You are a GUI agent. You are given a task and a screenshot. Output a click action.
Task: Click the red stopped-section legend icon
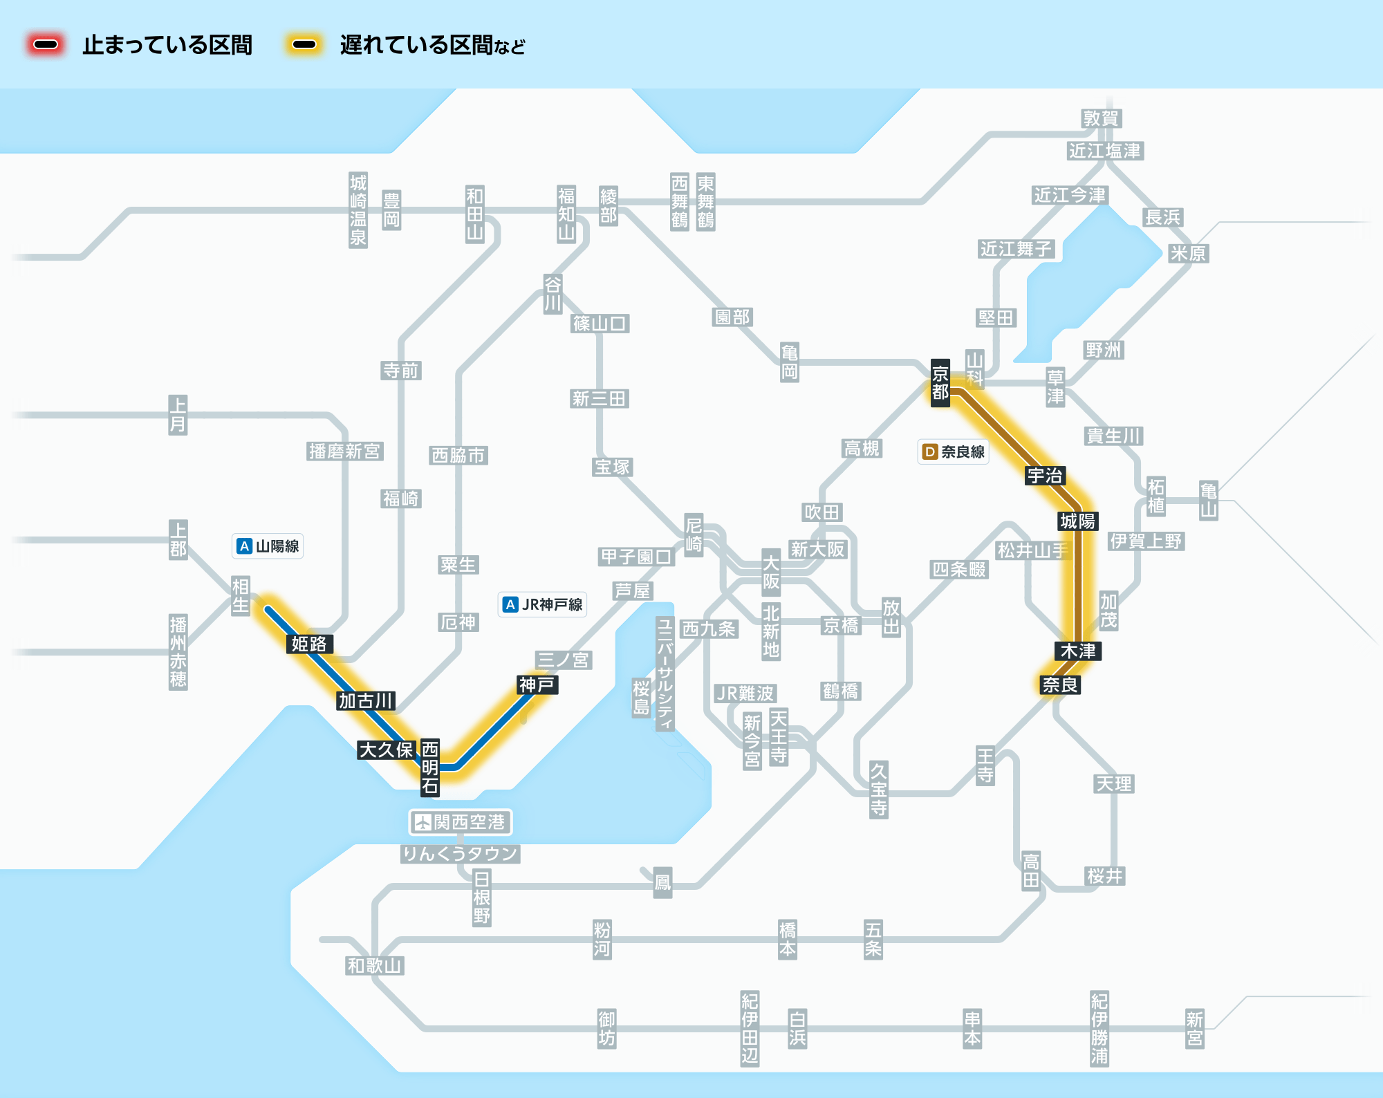point(46,45)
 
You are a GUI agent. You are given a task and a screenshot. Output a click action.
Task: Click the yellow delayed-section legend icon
point(304,45)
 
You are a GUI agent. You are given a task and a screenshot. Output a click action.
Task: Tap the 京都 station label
point(940,383)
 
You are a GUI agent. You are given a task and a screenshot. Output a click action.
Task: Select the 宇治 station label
point(1044,476)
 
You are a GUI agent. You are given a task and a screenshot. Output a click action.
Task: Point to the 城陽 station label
point(1077,521)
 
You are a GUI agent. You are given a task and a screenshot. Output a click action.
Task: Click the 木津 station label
point(1077,651)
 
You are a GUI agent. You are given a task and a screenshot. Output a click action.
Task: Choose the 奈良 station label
point(1059,685)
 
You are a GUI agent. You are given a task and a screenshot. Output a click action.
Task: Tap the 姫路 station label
point(309,644)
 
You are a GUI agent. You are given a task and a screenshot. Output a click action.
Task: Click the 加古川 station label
point(366,700)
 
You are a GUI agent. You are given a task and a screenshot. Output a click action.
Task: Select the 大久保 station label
point(386,750)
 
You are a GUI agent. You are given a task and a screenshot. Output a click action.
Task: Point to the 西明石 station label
point(430,767)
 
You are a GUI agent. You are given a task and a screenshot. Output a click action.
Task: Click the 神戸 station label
point(537,685)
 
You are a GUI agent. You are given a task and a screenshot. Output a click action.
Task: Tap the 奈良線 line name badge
point(953,452)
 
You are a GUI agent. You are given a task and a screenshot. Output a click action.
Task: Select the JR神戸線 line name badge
point(542,604)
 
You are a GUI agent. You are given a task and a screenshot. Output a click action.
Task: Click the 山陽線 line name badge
point(268,546)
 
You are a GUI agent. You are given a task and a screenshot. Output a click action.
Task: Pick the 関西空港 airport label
point(461,822)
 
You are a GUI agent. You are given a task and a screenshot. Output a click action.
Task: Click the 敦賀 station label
point(1101,118)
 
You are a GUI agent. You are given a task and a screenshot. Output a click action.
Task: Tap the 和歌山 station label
point(374,965)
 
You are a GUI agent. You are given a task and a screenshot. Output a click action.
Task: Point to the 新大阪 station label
point(817,549)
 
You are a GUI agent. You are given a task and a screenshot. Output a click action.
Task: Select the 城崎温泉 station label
point(358,210)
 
